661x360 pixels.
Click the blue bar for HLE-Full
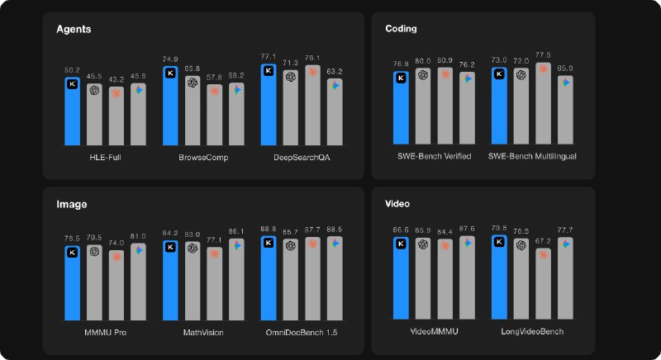click(x=73, y=111)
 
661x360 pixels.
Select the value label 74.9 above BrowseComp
click(x=171, y=59)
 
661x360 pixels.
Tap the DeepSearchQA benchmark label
click(x=302, y=156)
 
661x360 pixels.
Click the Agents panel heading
click(x=74, y=29)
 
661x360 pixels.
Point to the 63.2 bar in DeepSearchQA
click(x=335, y=111)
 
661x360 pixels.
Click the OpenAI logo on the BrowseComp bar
click(x=193, y=82)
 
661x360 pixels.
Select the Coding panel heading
click(x=402, y=29)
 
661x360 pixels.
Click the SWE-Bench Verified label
click(x=434, y=156)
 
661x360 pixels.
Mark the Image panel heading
click(x=72, y=203)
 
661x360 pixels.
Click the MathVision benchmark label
click(x=203, y=332)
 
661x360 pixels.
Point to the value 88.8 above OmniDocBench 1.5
click(x=269, y=229)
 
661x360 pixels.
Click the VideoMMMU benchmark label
click(x=434, y=332)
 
